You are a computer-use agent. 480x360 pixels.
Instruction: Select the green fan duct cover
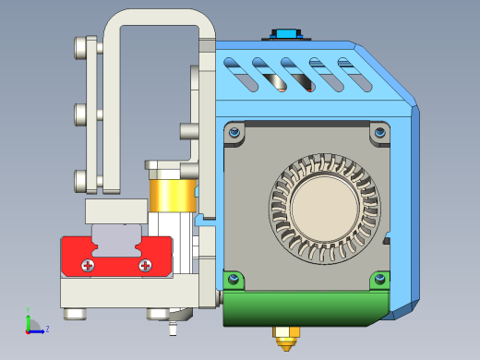pos(305,308)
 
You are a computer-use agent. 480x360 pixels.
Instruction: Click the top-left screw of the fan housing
pos(236,133)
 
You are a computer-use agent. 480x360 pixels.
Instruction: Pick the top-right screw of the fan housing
pos(379,133)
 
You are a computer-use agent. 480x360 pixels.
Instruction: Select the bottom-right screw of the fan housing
pos(379,278)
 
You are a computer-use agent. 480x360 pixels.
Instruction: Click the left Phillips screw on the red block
pos(88,266)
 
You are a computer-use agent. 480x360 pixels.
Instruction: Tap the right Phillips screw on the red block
pos(145,266)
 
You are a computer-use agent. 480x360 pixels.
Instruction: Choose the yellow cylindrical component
pos(172,195)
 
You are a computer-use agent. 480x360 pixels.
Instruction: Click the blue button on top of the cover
pos(285,34)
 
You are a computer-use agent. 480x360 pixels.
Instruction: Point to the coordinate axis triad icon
pos(33,325)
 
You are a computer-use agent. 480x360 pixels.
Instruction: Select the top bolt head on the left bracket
pos(81,44)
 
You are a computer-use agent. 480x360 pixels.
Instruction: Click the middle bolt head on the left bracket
pos(81,114)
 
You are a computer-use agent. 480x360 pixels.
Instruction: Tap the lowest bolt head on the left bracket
pos(81,179)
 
